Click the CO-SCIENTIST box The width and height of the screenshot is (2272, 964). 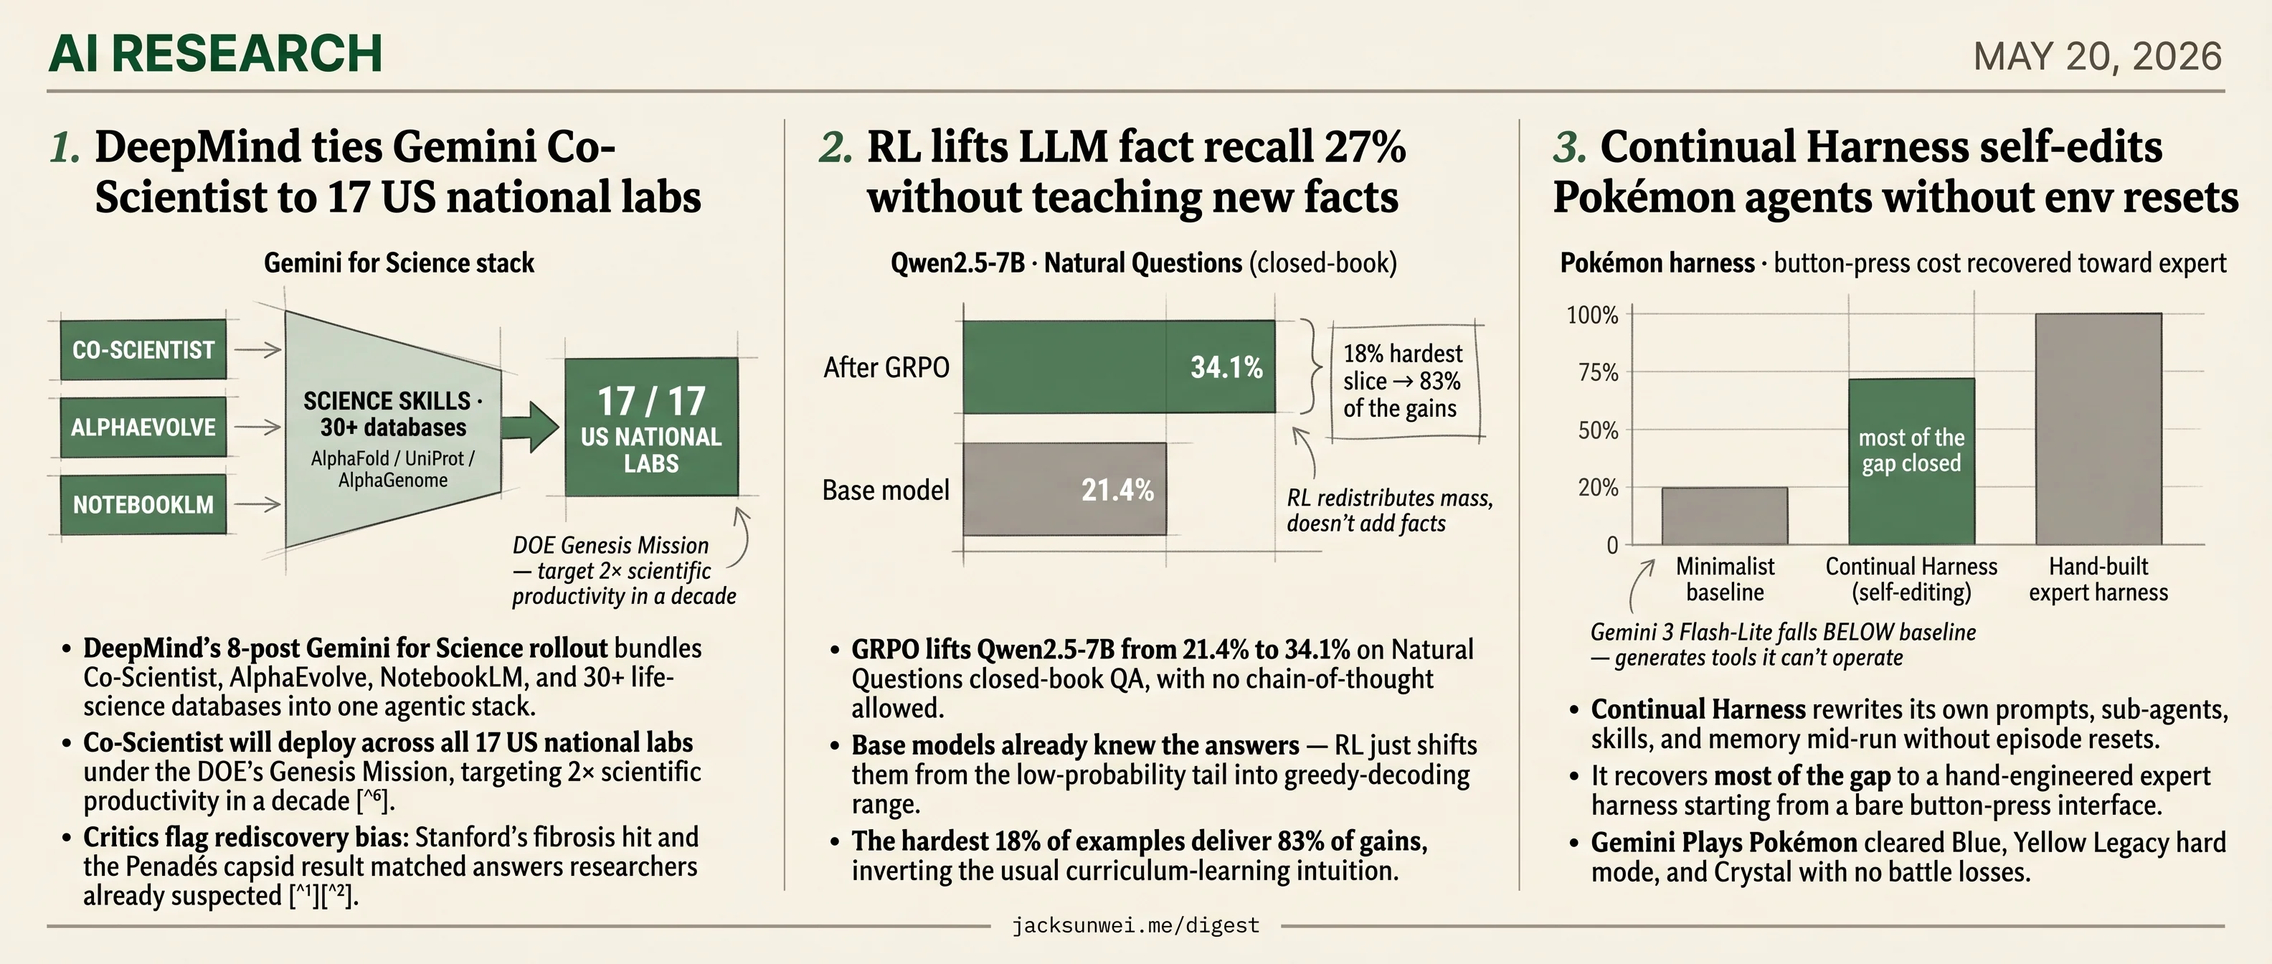143,349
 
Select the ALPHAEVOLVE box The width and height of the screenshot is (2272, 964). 143,427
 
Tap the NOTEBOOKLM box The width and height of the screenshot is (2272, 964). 143,504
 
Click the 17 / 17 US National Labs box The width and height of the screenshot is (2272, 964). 651,427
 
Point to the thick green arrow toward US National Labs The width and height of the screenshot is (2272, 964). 530,427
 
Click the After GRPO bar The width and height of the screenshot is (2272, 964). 1118,366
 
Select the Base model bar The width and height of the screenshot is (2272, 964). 1064,488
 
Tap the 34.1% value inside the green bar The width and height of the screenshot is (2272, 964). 1226,367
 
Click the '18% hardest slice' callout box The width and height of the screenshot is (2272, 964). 1406,381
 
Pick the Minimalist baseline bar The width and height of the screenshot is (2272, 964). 1724,516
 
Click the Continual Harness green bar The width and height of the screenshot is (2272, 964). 1911,461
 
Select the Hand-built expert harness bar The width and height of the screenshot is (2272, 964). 2098,429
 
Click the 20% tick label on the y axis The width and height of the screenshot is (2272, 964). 1598,488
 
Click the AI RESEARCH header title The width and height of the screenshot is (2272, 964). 216,53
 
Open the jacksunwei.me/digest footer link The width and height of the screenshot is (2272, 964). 1135,925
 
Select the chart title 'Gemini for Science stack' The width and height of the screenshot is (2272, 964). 399,263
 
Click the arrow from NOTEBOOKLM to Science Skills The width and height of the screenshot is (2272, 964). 257,504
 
